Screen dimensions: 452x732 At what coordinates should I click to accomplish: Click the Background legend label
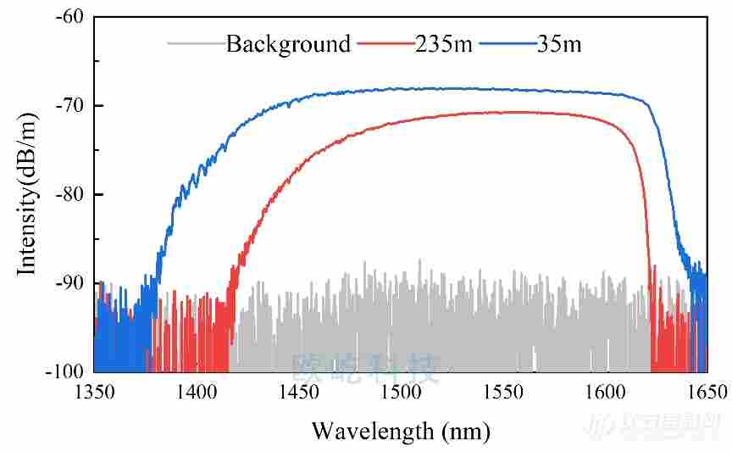(x=288, y=44)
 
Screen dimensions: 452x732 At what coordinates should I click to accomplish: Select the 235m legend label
(x=443, y=44)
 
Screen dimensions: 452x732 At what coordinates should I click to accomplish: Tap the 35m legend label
(x=559, y=44)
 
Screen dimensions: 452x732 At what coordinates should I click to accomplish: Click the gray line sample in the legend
(x=196, y=42)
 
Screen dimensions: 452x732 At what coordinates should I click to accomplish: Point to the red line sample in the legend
(x=385, y=42)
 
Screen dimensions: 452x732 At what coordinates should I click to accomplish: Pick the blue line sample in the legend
(x=506, y=42)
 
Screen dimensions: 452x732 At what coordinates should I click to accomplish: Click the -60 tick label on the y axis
(x=68, y=17)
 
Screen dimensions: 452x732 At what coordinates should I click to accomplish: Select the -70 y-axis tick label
(x=68, y=106)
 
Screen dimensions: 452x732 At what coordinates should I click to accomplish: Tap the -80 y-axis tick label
(x=68, y=194)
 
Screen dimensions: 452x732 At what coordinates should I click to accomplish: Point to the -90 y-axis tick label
(x=68, y=283)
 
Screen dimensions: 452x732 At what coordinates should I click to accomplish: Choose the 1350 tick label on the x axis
(x=94, y=392)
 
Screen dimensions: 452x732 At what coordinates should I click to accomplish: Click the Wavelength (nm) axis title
(x=401, y=431)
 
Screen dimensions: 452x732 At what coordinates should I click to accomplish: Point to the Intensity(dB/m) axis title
(x=28, y=194)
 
